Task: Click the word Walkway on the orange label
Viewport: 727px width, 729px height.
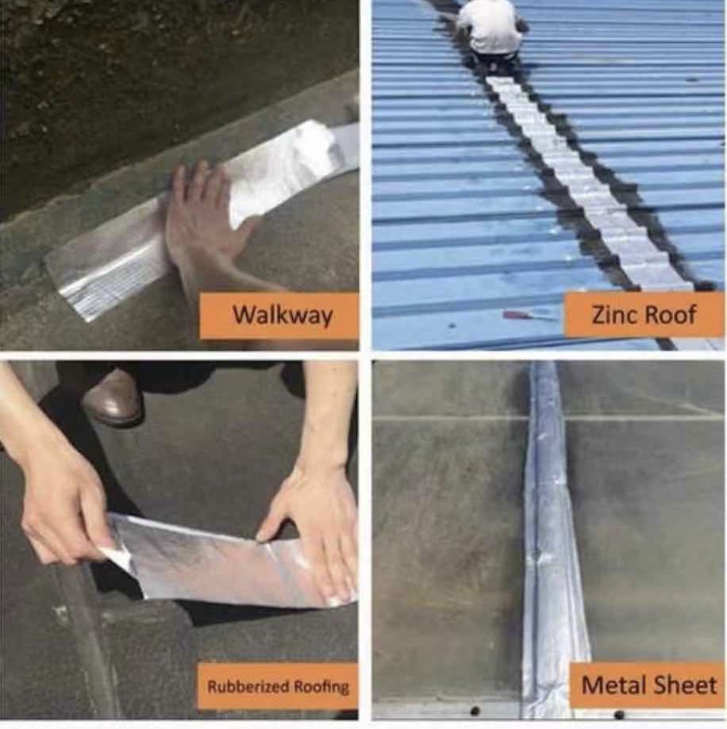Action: [283, 315]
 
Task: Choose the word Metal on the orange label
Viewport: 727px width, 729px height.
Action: [613, 685]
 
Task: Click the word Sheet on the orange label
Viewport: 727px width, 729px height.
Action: [685, 685]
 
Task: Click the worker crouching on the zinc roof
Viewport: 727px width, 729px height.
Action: [490, 33]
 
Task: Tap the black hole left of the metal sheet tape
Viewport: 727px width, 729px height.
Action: [475, 711]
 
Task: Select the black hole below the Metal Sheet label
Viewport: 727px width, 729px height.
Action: [618, 714]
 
